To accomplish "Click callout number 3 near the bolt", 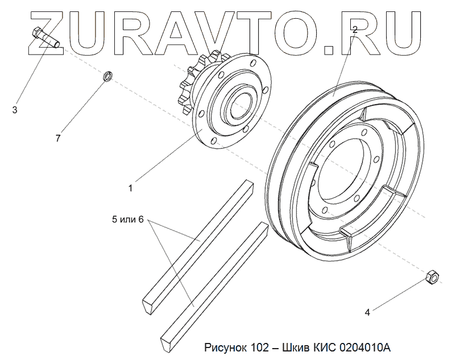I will [15, 109].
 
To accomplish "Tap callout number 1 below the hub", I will [130, 187].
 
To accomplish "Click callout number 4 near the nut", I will [367, 312].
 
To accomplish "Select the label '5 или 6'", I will [128, 220].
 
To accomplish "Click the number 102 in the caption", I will [259, 346].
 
